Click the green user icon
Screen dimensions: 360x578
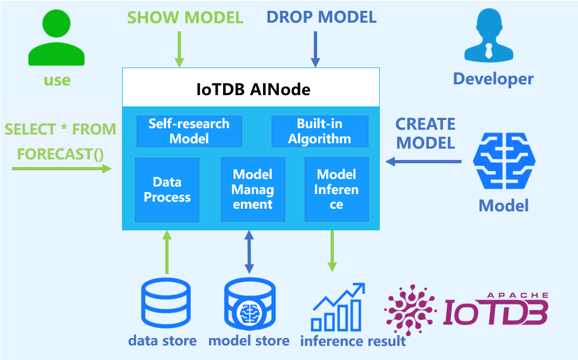coord(57,41)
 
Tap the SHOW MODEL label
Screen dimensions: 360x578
coord(185,17)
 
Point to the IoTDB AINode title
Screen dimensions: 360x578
coord(253,89)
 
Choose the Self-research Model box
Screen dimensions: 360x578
coord(189,131)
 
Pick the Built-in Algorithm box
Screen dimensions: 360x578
coord(320,131)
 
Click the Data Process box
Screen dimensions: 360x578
coord(167,190)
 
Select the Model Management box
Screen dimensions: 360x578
coord(253,190)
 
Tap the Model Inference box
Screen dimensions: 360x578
coord(337,190)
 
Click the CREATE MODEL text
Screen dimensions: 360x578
coord(425,133)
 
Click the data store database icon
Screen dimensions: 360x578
coord(165,305)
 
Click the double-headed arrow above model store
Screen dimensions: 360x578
coord(249,251)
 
